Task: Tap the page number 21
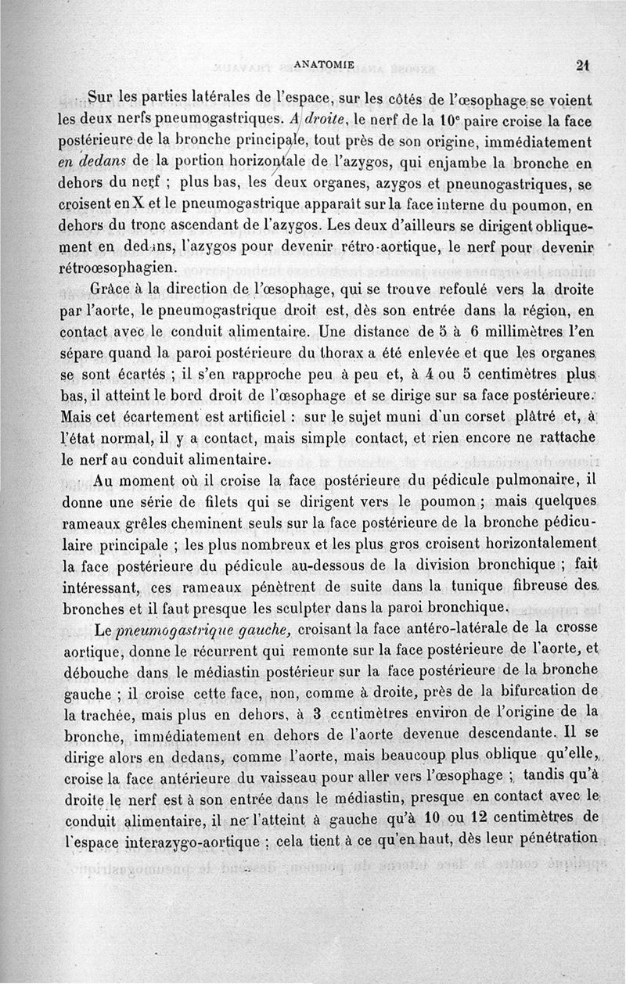(581, 66)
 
